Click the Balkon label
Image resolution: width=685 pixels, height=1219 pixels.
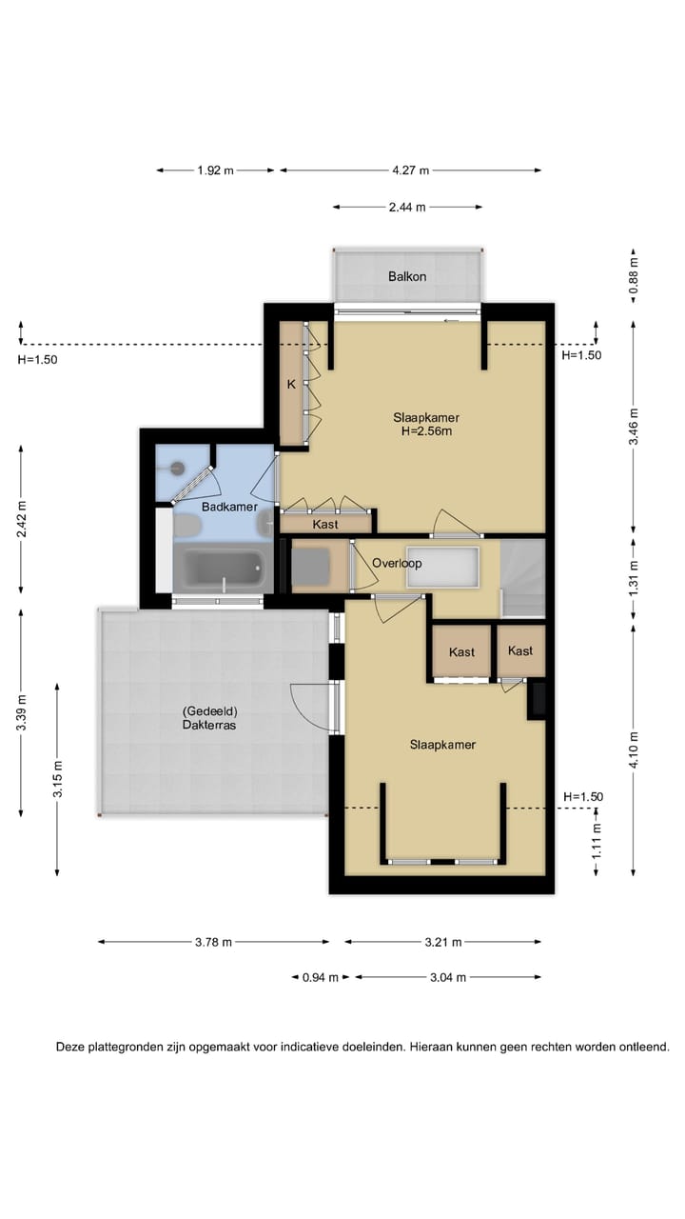coord(406,276)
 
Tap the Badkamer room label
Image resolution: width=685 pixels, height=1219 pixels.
coord(229,507)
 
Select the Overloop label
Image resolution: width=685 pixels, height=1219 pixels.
coord(397,563)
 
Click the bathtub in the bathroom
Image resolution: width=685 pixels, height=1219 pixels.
coord(224,567)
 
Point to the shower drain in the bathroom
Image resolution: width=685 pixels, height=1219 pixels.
coord(177,467)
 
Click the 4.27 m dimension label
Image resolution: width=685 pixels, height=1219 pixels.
coord(410,170)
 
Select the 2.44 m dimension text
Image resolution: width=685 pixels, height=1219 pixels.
coord(407,208)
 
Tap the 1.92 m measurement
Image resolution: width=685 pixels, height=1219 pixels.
coord(215,170)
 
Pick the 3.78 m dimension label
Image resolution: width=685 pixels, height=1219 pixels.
coord(213,942)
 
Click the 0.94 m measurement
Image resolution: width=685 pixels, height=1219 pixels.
coord(321,977)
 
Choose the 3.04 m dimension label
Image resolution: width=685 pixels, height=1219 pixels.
coord(448,977)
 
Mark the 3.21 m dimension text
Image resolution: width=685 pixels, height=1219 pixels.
coord(443,942)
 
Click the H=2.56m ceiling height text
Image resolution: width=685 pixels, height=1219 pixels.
coord(427,431)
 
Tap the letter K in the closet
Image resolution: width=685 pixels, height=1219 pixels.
coord(291,384)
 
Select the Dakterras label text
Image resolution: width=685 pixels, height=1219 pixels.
coord(209,725)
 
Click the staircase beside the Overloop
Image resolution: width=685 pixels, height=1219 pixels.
coord(522,578)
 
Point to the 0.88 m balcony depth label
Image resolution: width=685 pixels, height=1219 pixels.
coord(634,275)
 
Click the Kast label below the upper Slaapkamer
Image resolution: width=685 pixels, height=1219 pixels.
coord(325,524)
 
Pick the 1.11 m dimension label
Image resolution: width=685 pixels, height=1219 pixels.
coord(597,842)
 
